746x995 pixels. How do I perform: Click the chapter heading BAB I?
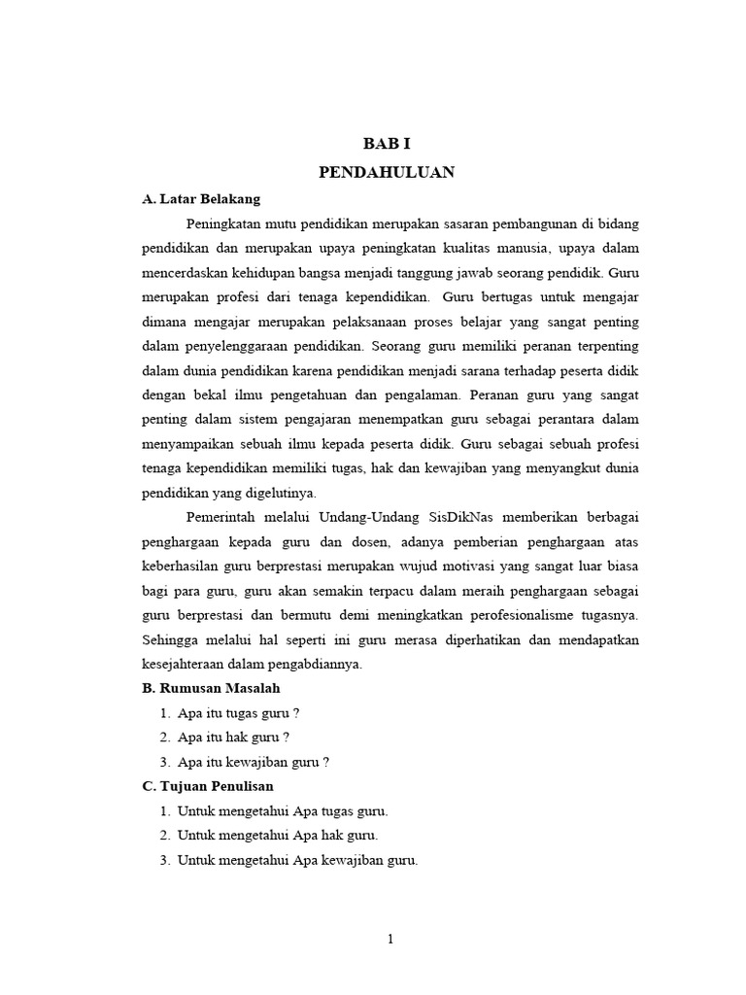pyautogui.click(x=388, y=144)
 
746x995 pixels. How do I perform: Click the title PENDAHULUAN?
pyautogui.click(x=388, y=172)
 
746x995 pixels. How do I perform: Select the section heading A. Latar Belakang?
pyautogui.click(x=201, y=199)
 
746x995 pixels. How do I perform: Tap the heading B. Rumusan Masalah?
pyautogui.click(x=211, y=688)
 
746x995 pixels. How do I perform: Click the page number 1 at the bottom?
pyautogui.click(x=390, y=939)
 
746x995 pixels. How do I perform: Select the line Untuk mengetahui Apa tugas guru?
pyautogui.click(x=282, y=810)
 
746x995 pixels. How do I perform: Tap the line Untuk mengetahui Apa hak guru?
pyautogui.click(x=278, y=835)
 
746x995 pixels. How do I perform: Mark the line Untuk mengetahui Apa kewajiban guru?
pyautogui.click(x=297, y=860)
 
